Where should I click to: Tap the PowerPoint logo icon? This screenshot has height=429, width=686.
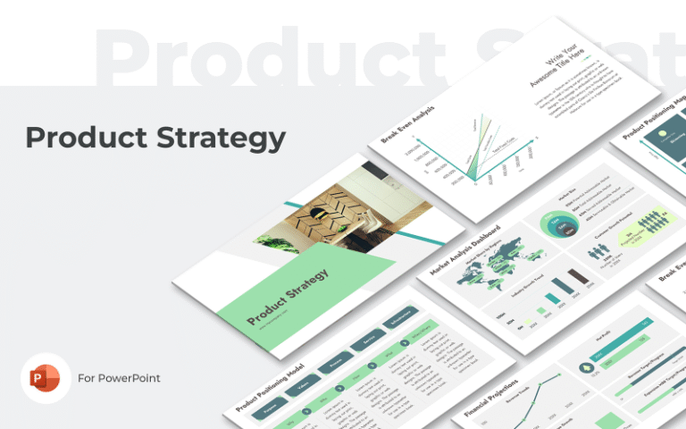[x=46, y=378]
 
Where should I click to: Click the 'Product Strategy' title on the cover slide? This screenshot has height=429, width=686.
[x=287, y=296]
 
